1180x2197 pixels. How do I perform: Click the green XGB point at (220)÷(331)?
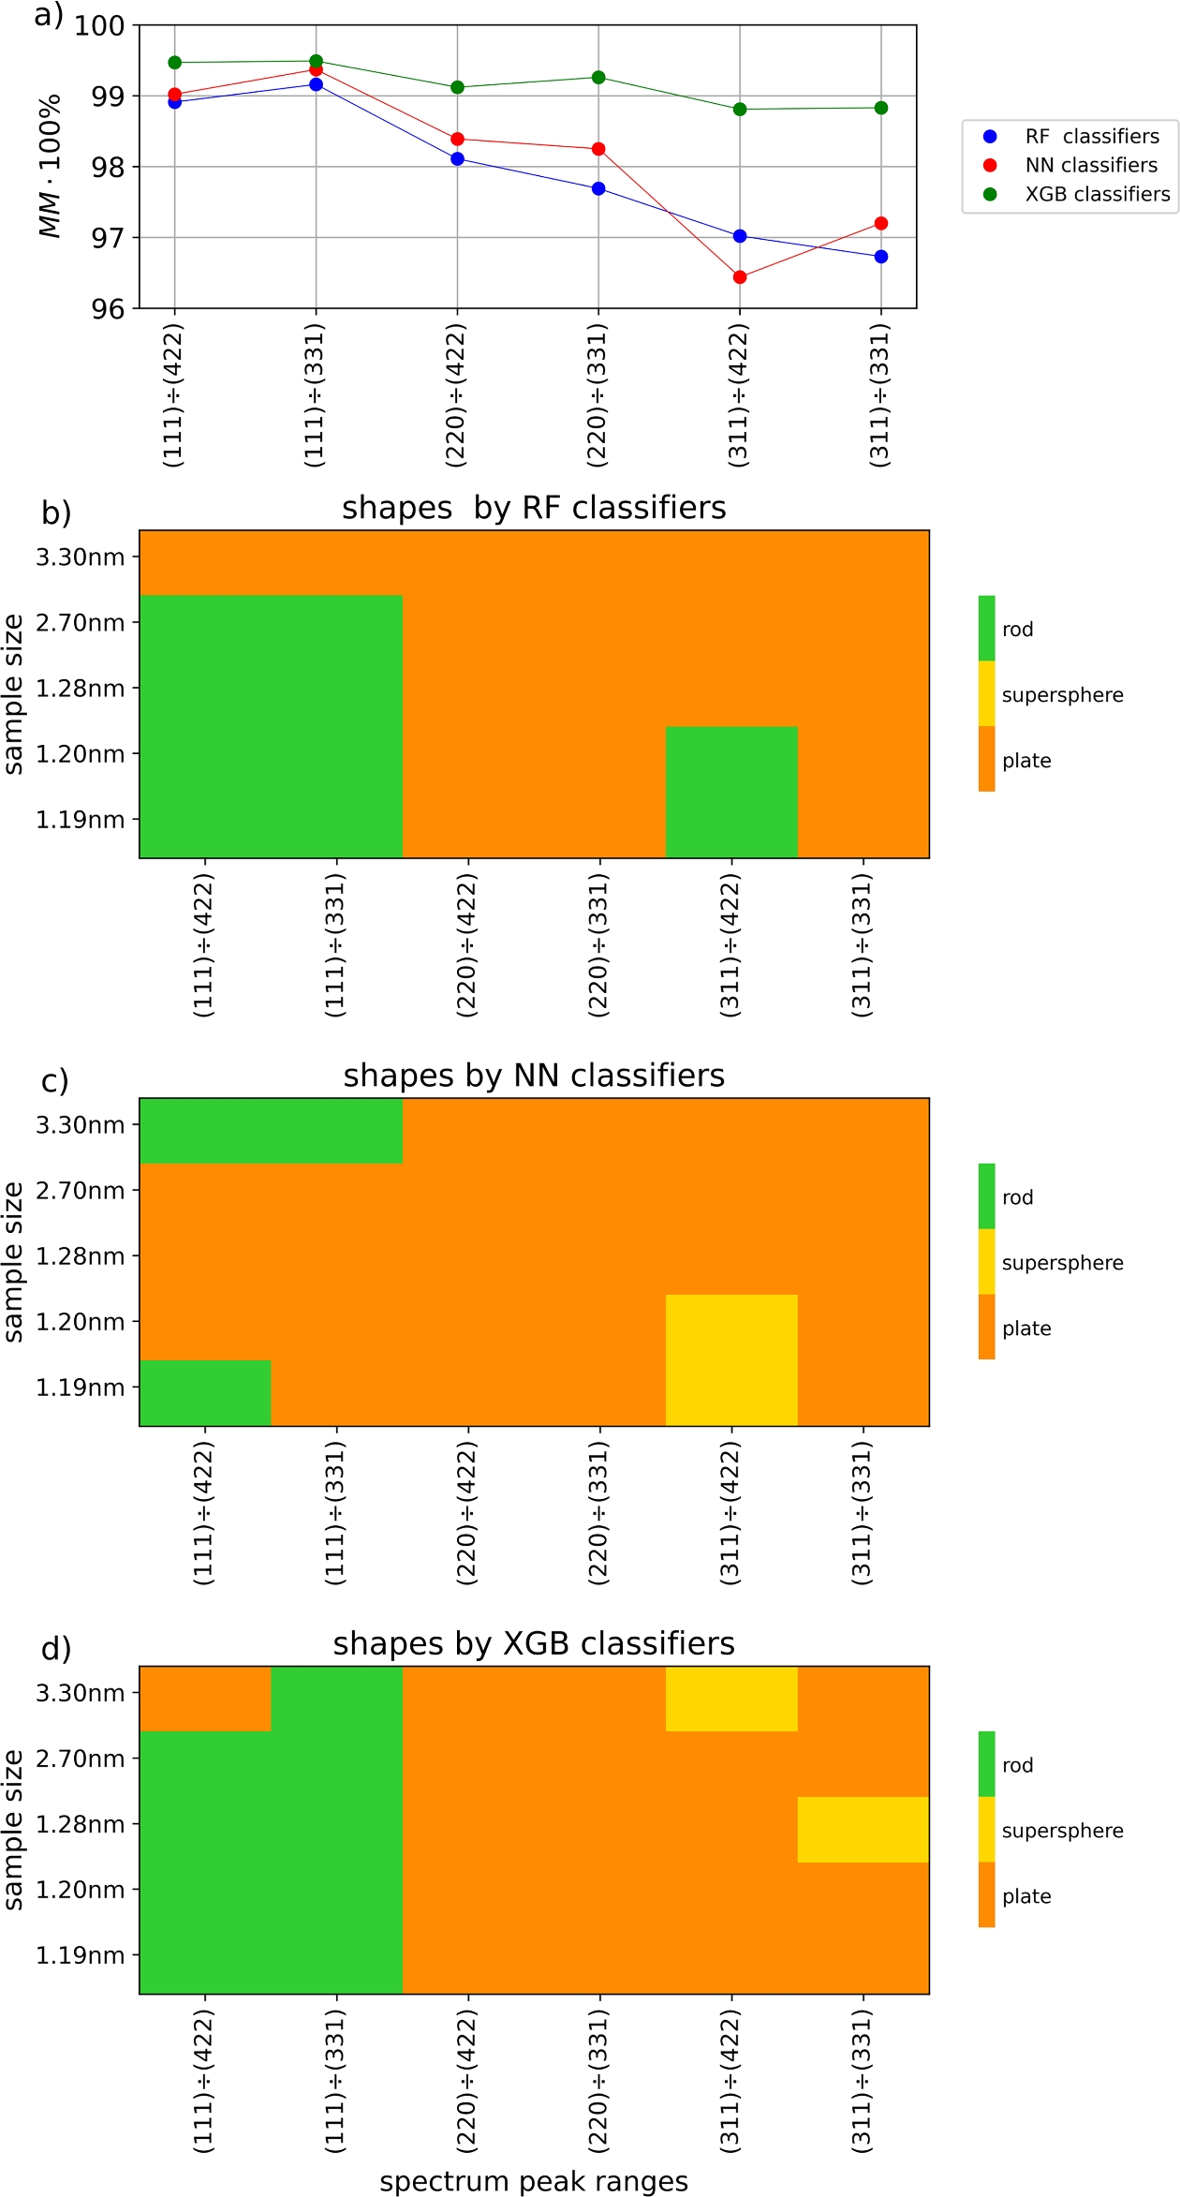tap(598, 78)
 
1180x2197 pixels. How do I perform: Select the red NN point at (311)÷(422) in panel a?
tap(740, 277)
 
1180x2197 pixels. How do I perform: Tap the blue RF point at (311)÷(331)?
tap(881, 257)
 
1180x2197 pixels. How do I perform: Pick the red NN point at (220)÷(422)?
tap(457, 140)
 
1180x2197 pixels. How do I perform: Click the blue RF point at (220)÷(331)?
tap(598, 189)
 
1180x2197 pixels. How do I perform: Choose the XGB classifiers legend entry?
tap(1097, 194)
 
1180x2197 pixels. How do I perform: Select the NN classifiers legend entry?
tap(1091, 165)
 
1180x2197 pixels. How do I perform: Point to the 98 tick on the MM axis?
tap(107, 167)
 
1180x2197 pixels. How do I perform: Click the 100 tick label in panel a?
tap(99, 26)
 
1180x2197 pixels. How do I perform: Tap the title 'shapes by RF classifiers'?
tap(534, 508)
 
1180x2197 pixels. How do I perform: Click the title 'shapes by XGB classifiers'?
tap(534, 1643)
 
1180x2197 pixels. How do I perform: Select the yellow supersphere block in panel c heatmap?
tap(731, 1359)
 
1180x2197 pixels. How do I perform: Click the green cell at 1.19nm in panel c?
tap(205, 1392)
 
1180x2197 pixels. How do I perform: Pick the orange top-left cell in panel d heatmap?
tap(205, 1698)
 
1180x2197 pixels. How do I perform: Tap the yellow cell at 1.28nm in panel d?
tap(863, 1829)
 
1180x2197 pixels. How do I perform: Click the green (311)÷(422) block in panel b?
tap(731, 792)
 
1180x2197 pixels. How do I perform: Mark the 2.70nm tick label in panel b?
tap(80, 623)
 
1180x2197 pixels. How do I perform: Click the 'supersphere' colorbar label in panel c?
tap(1062, 1262)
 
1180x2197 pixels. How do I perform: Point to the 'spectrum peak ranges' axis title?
tap(534, 2181)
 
